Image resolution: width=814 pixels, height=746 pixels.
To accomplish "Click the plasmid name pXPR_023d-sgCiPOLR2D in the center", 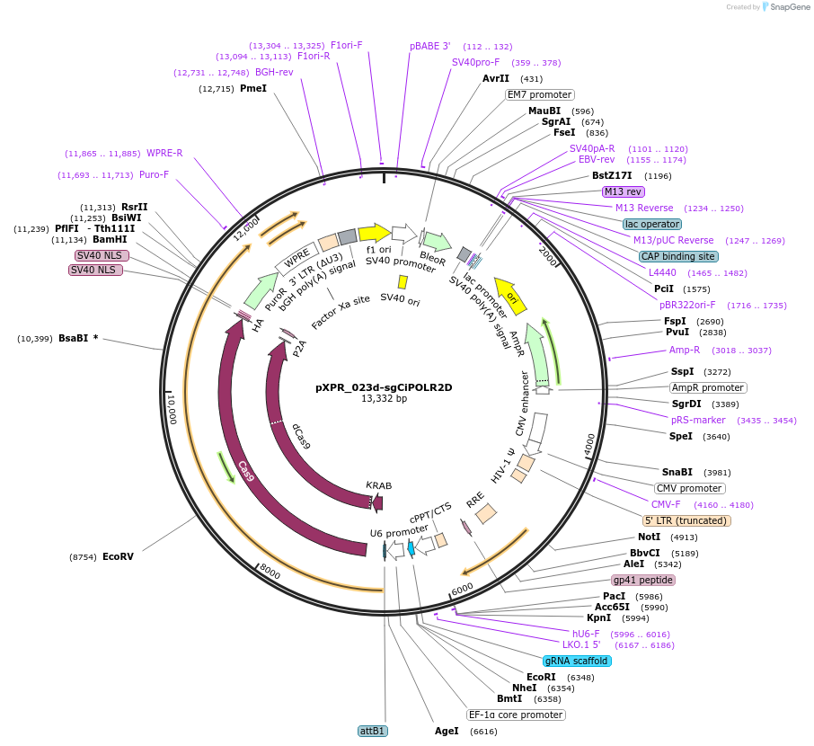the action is [384, 387].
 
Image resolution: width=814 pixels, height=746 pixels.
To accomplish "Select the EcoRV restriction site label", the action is [118, 556].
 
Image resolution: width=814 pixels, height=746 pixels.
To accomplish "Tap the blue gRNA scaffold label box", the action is [576, 661].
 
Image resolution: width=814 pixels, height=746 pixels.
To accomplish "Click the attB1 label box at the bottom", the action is [373, 731].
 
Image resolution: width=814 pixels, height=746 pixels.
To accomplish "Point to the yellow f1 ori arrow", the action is [375, 234].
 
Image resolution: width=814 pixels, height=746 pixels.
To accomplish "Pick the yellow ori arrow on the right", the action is [510, 296].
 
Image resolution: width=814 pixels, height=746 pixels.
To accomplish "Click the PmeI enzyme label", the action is [253, 88].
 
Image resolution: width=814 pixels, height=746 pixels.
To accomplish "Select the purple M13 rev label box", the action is [623, 191].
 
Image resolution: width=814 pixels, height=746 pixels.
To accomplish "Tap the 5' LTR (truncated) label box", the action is [686, 520].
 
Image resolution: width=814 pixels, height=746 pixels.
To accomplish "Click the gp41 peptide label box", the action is [643, 580].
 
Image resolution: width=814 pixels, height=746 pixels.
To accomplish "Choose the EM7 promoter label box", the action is [540, 94].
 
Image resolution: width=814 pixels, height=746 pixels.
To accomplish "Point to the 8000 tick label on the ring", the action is [270, 572].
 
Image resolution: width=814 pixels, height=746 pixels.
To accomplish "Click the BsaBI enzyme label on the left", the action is [73, 338].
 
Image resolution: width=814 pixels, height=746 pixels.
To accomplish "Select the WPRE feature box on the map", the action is [297, 258].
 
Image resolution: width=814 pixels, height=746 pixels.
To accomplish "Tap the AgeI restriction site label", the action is [447, 731].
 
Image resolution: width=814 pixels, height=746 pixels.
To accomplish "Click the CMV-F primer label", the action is [666, 504].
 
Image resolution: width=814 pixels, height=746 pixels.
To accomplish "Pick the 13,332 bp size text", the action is [385, 398].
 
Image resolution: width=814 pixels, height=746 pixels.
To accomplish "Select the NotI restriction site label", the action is [649, 537].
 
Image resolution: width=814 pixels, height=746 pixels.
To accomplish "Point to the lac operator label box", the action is [652, 224].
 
